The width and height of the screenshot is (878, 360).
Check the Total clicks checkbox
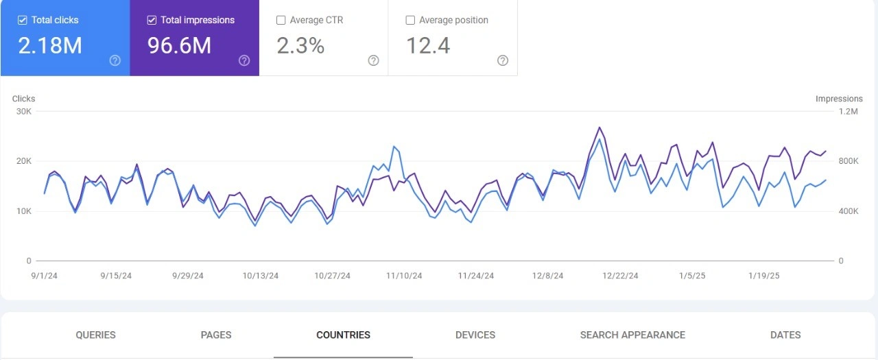click(23, 21)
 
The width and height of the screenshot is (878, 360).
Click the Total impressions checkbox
click(152, 21)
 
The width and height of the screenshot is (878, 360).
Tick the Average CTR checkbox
click(281, 21)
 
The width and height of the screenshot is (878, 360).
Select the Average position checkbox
click(410, 21)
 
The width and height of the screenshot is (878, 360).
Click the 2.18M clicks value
click(50, 45)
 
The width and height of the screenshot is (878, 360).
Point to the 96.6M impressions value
click(180, 45)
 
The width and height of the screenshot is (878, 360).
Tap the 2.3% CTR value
click(300, 45)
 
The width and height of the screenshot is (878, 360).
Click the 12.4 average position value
click(428, 45)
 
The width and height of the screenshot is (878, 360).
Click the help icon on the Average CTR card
click(373, 60)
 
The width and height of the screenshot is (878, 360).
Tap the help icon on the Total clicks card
click(115, 60)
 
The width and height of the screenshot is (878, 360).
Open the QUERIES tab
click(95, 335)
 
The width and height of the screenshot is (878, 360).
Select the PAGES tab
click(216, 335)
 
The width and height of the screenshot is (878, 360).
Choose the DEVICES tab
click(475, 335)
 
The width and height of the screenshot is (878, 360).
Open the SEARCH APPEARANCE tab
click(632, 335)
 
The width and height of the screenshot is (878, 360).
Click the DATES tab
click(785, 335)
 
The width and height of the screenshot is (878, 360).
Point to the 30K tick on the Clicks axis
click(24, 112)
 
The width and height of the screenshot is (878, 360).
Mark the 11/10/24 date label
click(404, 276)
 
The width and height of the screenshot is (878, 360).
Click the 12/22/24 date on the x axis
click(620, 276)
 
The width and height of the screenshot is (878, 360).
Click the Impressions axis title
click(839, 99)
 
